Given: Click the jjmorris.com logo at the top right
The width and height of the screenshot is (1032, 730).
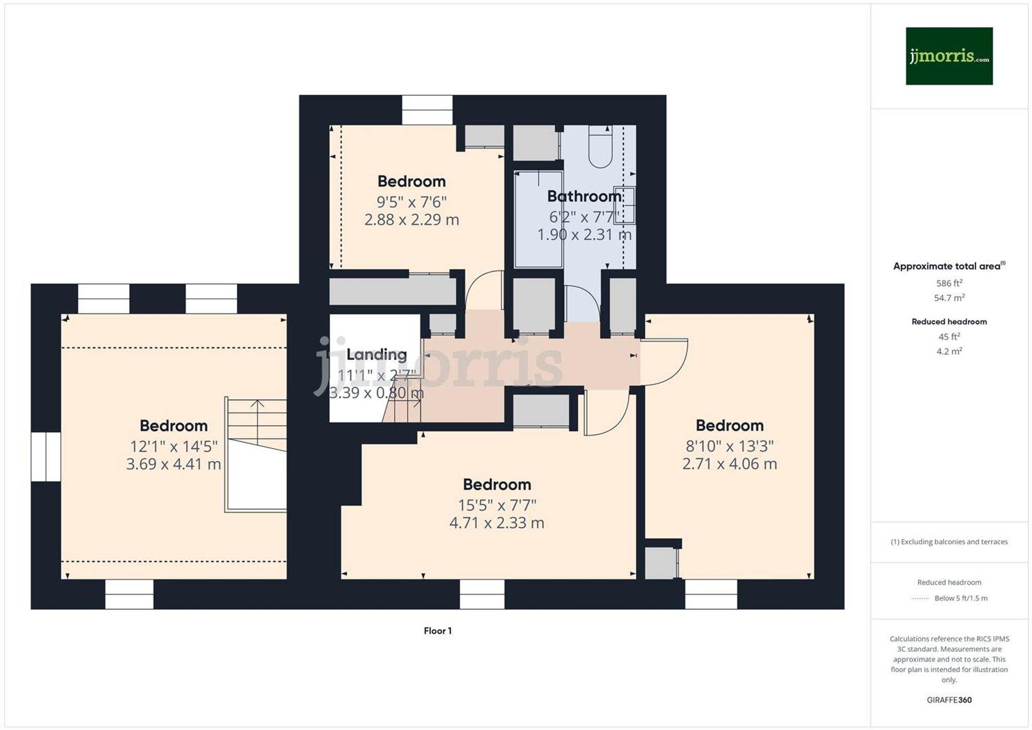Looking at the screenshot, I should coord(949,56).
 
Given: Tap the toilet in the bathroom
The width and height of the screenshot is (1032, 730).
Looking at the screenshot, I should coord(600,147).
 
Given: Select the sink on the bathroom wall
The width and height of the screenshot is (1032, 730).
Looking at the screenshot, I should coord(624,205).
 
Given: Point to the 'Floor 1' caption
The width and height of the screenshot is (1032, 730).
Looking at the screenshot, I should coord(438,630).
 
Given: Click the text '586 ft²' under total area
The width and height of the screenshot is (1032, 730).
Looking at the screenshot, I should coord(949,283).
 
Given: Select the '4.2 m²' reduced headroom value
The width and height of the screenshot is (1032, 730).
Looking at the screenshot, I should coord(949,351).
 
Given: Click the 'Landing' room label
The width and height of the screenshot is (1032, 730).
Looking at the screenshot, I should coord(376,354).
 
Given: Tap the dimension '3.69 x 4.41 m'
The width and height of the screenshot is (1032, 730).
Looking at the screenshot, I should coord(173,464).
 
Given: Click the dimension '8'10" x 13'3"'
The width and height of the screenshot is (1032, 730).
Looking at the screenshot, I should coord(729,446).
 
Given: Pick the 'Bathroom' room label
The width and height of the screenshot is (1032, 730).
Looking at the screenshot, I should coord(584,196).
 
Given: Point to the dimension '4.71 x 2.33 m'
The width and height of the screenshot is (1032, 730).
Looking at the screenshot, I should coord(496,523).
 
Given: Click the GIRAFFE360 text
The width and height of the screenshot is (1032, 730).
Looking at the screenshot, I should coord(949,700).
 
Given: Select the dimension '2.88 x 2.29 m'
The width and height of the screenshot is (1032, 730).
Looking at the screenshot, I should coord(411,220).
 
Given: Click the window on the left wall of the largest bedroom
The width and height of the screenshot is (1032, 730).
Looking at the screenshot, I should coord(46,457).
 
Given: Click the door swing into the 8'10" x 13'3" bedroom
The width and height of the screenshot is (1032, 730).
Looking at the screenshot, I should coord(665,361).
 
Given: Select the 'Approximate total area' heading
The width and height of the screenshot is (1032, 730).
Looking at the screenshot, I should coord(948,266).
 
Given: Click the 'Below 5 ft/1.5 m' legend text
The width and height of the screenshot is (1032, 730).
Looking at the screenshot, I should coord(961,598).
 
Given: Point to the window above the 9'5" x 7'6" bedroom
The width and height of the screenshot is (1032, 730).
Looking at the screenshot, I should coord(427,110).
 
